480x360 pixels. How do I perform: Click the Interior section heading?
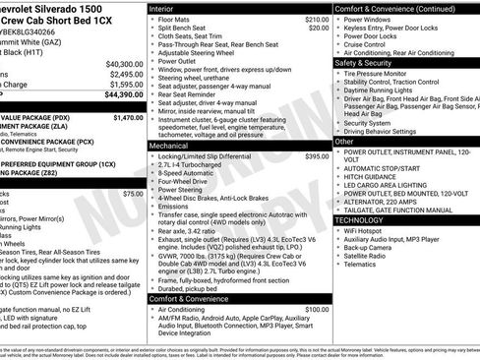161,8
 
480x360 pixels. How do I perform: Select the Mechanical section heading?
168,145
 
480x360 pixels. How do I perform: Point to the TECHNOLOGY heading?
366,220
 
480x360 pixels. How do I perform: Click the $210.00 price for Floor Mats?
317,19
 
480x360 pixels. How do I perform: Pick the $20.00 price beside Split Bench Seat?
319,28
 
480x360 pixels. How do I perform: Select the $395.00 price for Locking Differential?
317,156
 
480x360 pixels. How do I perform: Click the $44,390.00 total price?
122,95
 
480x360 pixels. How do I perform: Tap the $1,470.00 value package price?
128,117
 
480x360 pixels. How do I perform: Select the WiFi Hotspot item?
366,230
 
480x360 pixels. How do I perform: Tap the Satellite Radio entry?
368,257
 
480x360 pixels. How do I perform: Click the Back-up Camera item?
369,248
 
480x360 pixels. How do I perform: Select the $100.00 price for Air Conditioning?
317,309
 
